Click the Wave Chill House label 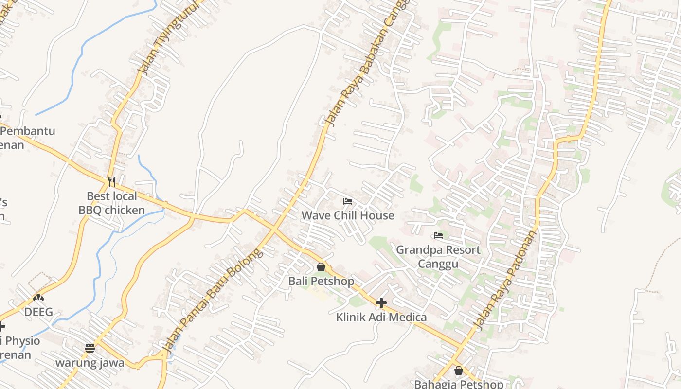348,215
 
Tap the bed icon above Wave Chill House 347,201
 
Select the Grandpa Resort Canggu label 438,257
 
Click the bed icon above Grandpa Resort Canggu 438,235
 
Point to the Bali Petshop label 321,281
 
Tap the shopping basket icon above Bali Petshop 321,267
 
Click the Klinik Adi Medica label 381,318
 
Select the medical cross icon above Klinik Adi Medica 381,303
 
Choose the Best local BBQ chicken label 112,203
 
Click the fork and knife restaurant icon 112,182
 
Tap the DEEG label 38,312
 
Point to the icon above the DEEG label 38,297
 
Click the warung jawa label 90,363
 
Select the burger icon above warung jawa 90,348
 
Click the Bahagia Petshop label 459,384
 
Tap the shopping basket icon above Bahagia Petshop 459,371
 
